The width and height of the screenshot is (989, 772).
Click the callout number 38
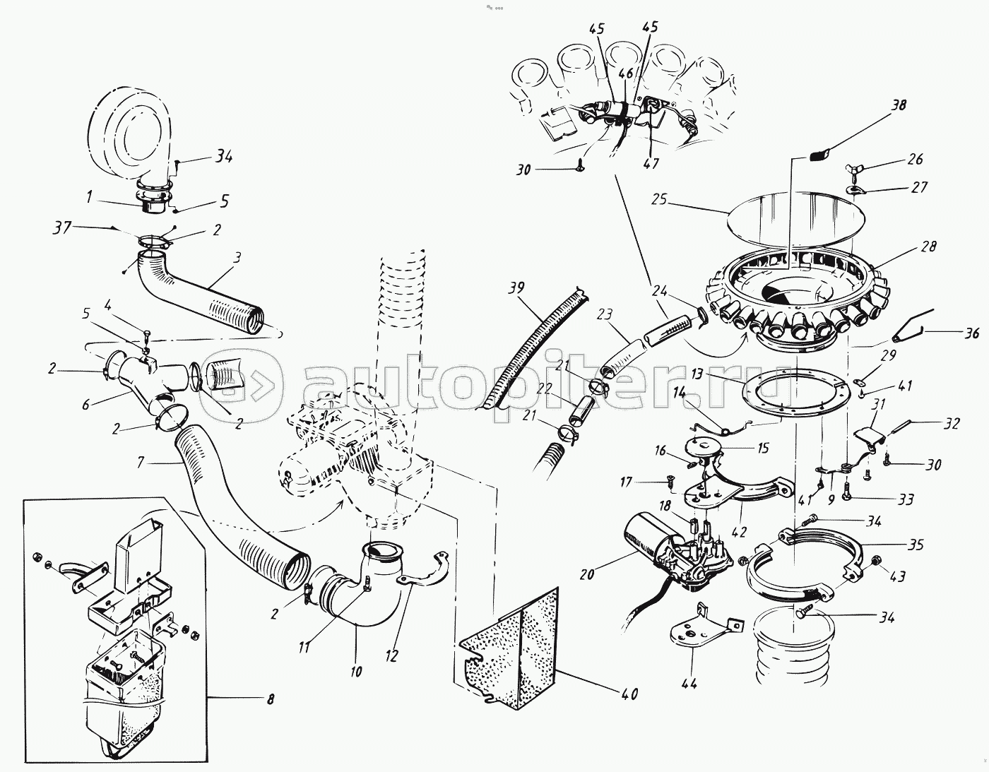[x=897, y=105]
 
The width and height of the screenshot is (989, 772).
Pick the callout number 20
[x=587, y=574]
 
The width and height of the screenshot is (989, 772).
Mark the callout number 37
[x=62, y=227]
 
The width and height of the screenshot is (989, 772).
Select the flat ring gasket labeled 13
[x=794, y=397]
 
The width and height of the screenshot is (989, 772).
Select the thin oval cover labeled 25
[x=795, y=221]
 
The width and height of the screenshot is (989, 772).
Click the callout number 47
[x=651, y=162]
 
